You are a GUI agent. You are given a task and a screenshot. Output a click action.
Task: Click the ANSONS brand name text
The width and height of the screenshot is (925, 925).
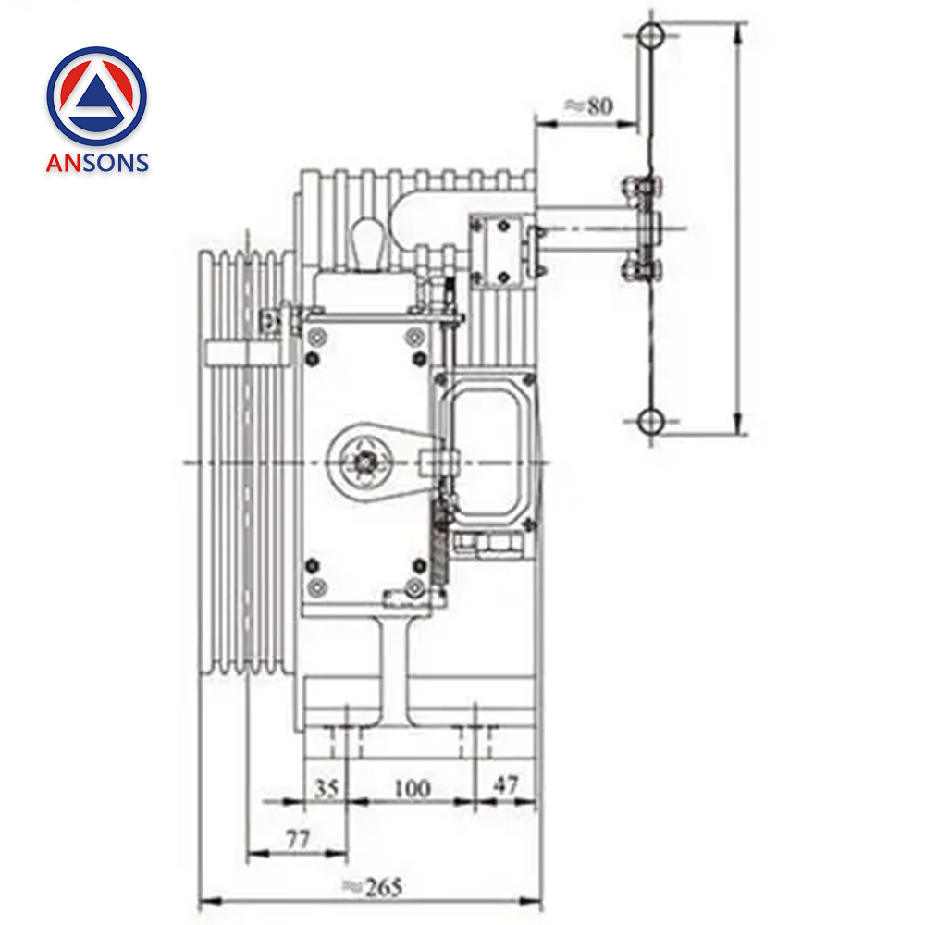tap(97, 162)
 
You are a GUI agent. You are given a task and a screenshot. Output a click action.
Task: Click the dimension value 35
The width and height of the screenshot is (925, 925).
tap(327, 788)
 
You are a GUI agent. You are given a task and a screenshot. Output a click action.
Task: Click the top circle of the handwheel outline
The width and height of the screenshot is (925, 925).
tap(651, 36)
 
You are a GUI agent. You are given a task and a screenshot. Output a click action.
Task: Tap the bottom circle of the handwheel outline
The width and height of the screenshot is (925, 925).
tap(651, 421)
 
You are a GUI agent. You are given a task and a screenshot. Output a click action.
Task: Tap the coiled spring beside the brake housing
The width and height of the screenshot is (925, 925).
tap(440, 546)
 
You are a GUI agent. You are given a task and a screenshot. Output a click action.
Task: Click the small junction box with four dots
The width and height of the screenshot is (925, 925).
tap(500, 250)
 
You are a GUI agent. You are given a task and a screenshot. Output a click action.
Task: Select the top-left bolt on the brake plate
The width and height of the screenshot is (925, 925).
tap(317, 335)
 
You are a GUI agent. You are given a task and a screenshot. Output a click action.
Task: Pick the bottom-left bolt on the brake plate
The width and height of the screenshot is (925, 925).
tap(317, 586)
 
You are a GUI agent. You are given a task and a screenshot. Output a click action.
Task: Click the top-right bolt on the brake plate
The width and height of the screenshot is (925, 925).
tap(413, 335)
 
